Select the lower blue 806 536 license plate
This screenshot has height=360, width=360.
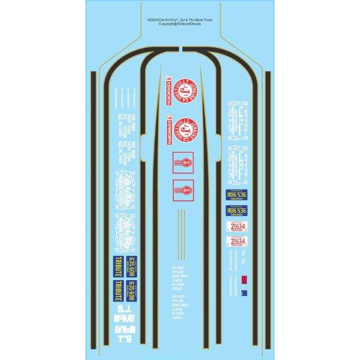click(235, 212)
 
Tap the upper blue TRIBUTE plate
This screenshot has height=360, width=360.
click(114, 264)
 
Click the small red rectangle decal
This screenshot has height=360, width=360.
click(244, 280)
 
